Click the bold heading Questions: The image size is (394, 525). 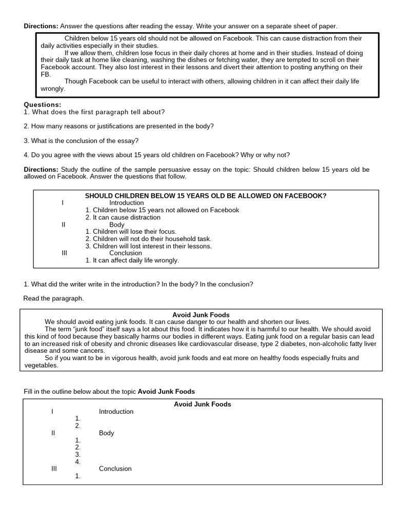(x=42, y=105)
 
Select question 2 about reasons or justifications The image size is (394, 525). (x=119, y=126)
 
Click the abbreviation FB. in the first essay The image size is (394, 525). (x=46, y=74)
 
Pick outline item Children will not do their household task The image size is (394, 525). (x=148, y=239)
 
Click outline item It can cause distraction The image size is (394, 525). (x=123, y=217)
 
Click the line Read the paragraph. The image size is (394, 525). (x=53, y=298)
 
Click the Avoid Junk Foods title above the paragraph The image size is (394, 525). (x=201, y=315)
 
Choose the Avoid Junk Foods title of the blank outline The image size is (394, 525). (x=202, y=405)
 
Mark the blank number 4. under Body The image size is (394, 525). (x=78, y=461)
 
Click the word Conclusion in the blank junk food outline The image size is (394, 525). (x=115, y=469)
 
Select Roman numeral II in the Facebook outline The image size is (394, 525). (x=63, y=225)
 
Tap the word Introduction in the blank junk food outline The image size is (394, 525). (x=116, y=412)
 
